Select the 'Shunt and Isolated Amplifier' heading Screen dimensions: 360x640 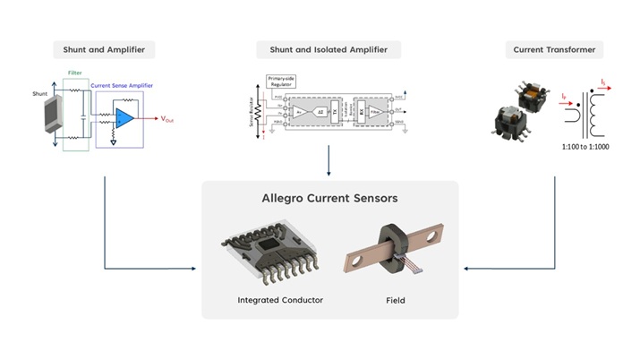[x=329, y=49]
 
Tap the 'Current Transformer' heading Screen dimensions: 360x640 [x=553, y=49]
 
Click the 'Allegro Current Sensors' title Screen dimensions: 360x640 [x=329, y=198]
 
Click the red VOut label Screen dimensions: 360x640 [x=167, y=119]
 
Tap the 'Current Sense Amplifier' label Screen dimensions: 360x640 [x=122, y=85]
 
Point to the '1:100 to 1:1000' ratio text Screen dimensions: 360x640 [x=585, y=147]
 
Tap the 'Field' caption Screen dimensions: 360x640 [x=394, y=300]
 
